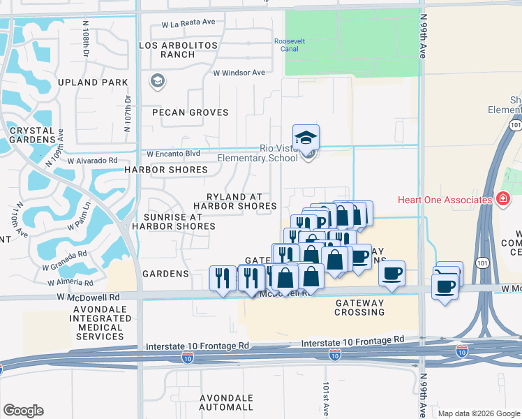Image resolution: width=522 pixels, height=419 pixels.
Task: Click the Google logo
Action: [23, 411]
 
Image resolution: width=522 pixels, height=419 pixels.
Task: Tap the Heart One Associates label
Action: [445, 200]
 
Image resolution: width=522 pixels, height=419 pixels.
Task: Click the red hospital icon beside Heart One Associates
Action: [502, 200]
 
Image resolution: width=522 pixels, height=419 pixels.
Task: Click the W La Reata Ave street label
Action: [188, 23]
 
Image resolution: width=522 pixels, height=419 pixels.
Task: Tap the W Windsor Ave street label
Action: [239, 73]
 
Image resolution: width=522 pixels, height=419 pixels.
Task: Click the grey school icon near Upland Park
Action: [157, 82]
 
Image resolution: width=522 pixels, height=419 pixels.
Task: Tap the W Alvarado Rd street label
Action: [93, 160]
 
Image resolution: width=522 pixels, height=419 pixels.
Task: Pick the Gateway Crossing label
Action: [359, 307]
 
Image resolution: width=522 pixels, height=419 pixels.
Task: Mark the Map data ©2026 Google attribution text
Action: [478, 413]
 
